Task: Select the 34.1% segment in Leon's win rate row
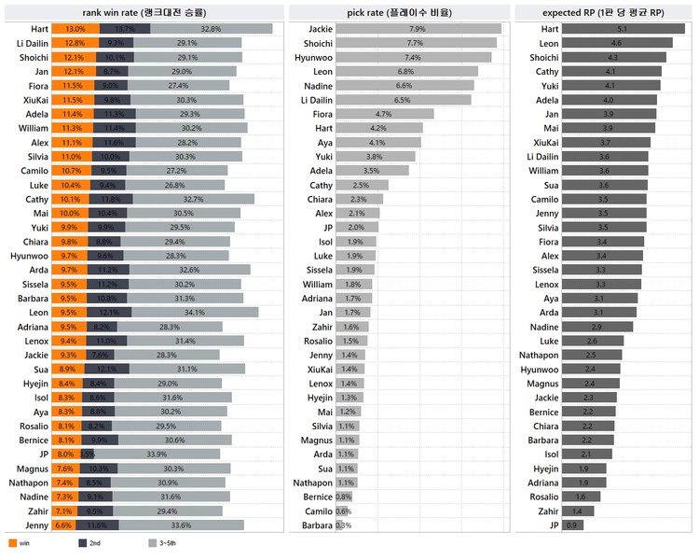[x=194, y=313]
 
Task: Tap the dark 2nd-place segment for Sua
[x=107, y=370]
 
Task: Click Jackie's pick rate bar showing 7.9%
[x=417, y=29]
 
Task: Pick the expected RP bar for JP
[x=570, y=525]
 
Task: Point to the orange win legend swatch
[x=11, y=542]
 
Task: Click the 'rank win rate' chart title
[x=144, y=12]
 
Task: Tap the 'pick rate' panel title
[x=399, y=12]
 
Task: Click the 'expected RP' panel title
[x=605, y=12]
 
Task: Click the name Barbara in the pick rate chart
[x=317, y=525]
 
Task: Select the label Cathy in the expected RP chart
[x=547, y=72]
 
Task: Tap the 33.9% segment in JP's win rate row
[x=157, y=455]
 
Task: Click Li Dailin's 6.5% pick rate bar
[x=402, y=100]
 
